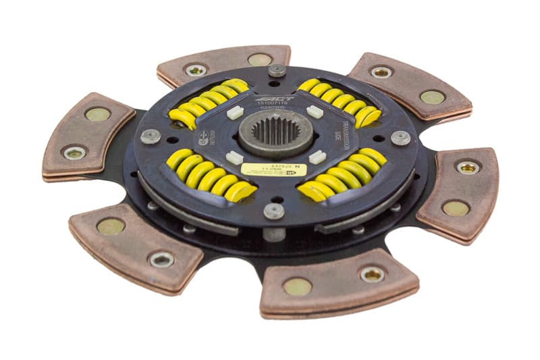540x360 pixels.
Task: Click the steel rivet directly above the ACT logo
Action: click(277, 70)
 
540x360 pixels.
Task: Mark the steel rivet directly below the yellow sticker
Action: click(274, 211)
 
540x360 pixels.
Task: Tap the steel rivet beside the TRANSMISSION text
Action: click(400, 138)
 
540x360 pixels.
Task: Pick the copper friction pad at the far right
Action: click(459, 195)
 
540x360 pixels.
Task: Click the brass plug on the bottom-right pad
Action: click(298, 286)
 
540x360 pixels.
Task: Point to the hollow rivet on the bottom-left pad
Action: click(161, 259)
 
